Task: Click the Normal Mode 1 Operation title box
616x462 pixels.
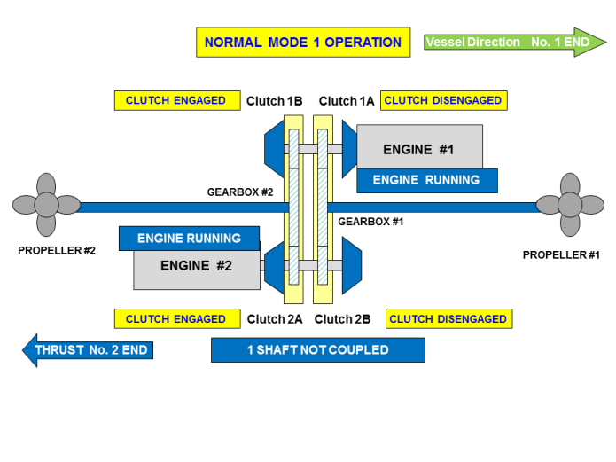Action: (303, 43)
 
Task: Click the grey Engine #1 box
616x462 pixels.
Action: (419, 147)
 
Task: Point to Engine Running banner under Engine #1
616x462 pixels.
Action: (426, 181)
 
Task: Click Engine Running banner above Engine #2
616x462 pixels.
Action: (189, 239)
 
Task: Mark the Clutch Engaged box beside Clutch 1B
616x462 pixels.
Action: (176, 101)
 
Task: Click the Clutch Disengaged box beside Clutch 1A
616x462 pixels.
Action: (443, 101)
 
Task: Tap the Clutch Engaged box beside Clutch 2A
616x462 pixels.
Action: (176, 319)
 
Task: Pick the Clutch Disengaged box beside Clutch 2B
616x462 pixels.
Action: (448, 319)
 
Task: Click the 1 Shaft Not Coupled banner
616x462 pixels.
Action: (318, 350)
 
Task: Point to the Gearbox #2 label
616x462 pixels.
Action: (240, 192)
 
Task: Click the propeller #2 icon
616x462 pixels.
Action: (46, 206)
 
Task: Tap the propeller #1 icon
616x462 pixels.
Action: (571, 206)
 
